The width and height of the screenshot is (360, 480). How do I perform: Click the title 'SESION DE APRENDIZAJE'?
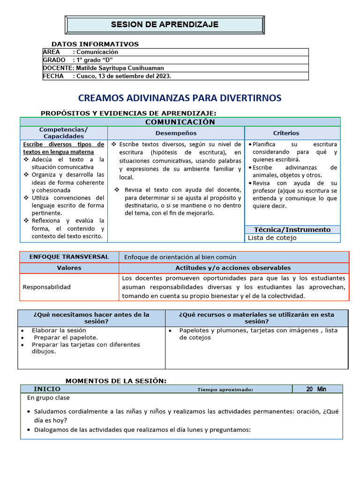coord(165,24)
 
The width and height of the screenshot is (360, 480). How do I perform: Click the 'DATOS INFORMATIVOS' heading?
coord(95,44)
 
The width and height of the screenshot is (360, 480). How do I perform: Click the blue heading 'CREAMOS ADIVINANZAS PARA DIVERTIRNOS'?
coord(180,98)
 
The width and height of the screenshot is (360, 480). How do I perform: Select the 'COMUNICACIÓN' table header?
coord(180,122)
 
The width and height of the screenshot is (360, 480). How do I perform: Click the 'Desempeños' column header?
coord(176,133)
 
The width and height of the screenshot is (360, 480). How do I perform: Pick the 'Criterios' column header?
coord(286,133)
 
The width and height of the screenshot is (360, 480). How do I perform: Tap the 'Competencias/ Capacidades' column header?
coord(63,133)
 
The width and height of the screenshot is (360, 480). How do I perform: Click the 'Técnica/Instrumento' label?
coord(292,230)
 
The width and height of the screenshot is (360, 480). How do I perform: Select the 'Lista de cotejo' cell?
coord(272,238)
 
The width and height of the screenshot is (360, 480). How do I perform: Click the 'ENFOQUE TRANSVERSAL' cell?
coord(69,257)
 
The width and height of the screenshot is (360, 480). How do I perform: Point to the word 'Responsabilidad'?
coord(47,287)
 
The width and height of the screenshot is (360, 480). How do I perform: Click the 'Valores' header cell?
coord(69,268)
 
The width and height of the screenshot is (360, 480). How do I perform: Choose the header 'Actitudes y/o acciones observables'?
coord(233,268)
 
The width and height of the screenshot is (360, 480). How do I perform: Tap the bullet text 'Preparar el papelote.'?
coord(66,337)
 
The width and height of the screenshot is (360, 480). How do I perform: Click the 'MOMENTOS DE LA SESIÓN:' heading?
coord(116,381)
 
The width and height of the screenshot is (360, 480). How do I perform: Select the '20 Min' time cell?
coord(316,389)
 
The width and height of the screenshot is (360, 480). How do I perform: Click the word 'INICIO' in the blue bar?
coord(47,389)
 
